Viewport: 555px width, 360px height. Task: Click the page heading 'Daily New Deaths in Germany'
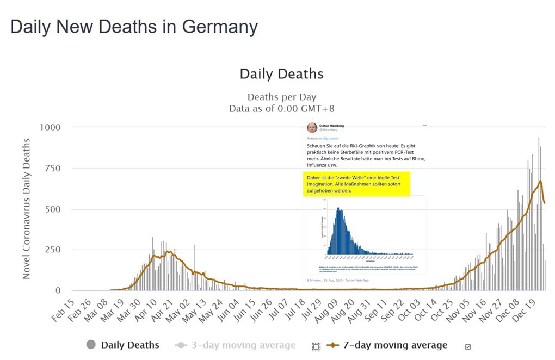coord(134,27)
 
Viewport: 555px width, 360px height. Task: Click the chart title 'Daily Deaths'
coord(281,74)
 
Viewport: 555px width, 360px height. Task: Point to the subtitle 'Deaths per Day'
coord(281,97)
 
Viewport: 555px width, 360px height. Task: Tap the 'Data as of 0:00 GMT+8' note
coord(281,108)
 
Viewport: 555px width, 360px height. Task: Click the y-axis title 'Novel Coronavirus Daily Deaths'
coord(27,209)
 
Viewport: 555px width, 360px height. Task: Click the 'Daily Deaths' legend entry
coord(130,345)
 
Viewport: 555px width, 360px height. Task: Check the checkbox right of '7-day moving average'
coord(467,346)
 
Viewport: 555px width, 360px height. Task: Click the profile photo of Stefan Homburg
coord(312,128)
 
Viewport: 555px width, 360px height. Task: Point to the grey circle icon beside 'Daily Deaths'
coord(91,345)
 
